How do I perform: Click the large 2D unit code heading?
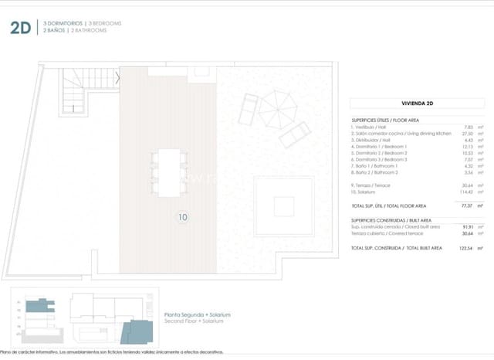pyautogui.click(x=21, y=28)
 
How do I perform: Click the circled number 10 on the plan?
pyautogui.click(x=183, y=217)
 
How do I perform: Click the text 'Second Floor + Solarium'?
pyautogui.click(x=194, y=321)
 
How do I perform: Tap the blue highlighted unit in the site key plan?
pyautogui.click(x=140, y=330)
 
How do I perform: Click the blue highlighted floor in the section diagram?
pyautogui.click(x=36, y=307)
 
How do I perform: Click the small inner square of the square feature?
pyautogui.click(x=284, y=206)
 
